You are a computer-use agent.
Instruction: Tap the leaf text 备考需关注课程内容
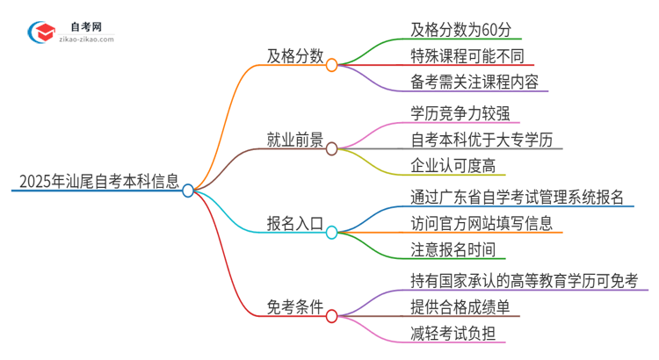click(474, 83)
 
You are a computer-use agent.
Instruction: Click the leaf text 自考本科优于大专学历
click(481, 140)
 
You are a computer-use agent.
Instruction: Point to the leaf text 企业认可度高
click(453, 166)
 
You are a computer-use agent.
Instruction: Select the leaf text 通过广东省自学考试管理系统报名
click(517, 196)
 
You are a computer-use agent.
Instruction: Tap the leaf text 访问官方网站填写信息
click(481, 222)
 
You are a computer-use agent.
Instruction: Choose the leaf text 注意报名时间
click(453, 248)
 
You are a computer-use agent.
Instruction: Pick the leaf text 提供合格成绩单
click(460, 306)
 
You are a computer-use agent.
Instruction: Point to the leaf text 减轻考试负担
click(453, 333)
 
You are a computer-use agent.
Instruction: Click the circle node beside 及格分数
click(331, 65)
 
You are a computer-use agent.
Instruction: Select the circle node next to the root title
click(188, 190)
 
